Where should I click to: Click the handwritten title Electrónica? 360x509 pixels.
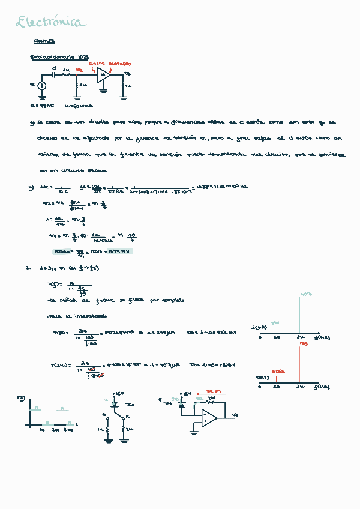pyautogui.click(x=51, y=23)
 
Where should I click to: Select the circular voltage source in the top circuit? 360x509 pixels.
pyautogui.click(x=41, y=86)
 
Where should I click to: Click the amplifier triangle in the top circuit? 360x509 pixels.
pyautogui.click(x=104, y=76)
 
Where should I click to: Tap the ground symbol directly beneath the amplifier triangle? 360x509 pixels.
pyautogui.click(x=103, y=91)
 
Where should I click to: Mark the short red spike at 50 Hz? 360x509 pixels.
pyautogui.click(x=277, y=377)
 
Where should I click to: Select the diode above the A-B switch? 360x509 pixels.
pyautogui.click(x=114, y=404)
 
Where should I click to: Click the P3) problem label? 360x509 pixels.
pyautogui.click(x=21, y=397)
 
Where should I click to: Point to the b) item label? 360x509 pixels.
pyautogui.click(x=31, y=188)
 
